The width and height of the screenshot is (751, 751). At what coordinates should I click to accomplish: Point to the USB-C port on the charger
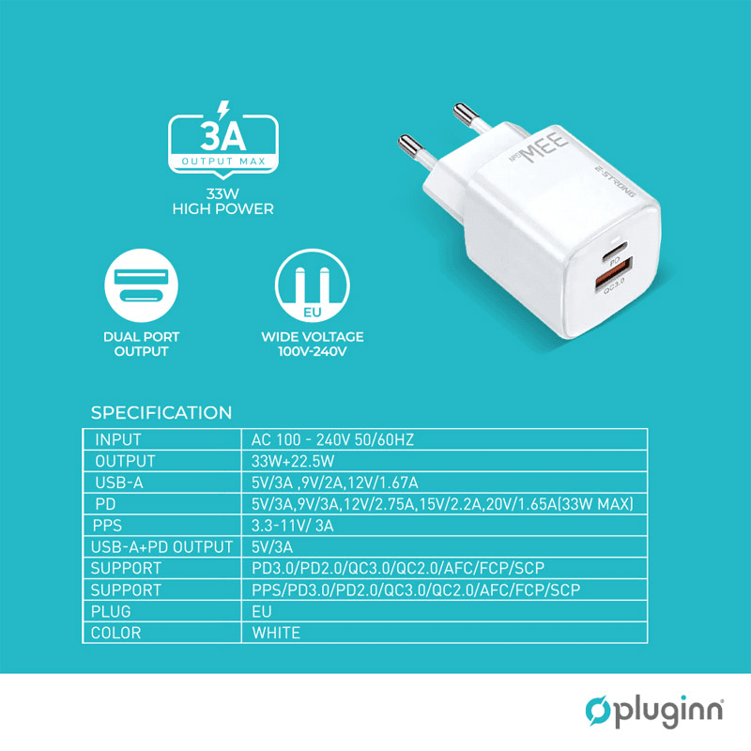coord(616,255)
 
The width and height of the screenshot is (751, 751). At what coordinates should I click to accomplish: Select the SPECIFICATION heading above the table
coord(161,413)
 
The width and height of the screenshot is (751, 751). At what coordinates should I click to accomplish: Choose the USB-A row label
coord(120,483)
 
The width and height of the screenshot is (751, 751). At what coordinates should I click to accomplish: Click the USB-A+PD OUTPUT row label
coord(161,547)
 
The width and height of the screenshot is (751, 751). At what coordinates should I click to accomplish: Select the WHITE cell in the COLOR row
coord(276,633)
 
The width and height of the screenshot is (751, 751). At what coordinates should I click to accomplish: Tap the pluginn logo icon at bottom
coord(598,712)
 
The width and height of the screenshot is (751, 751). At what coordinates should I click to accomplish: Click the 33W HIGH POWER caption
coord(223,203)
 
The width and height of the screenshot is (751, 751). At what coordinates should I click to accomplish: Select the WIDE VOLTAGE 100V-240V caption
coord(312,344)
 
